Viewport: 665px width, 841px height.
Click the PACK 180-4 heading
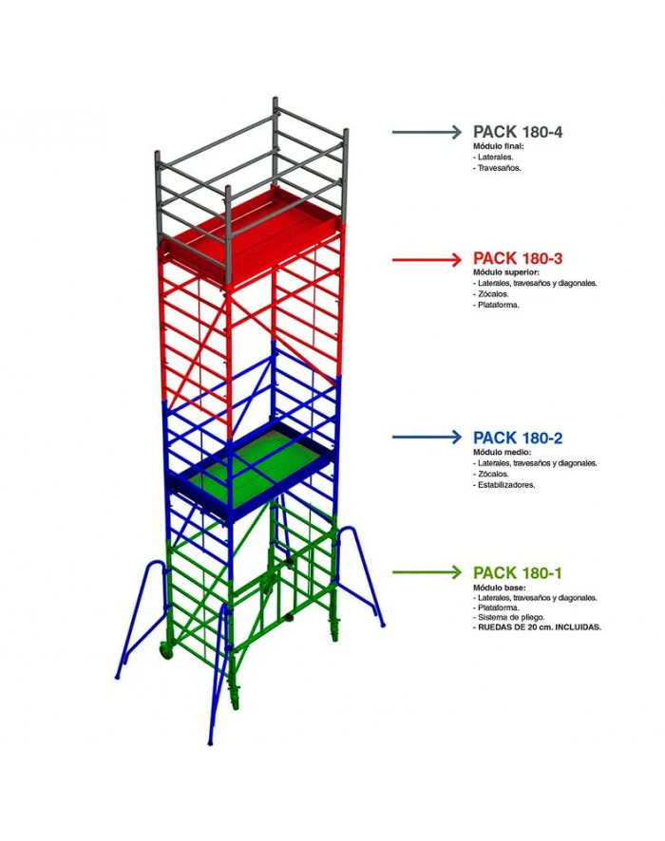coord(518,132)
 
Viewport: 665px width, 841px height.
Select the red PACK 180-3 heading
coord(518,258)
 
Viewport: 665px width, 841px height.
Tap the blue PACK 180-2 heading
coord(518,439)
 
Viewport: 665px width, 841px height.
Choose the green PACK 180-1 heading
coord(518,573)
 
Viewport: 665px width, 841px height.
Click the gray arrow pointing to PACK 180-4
coord(427,132)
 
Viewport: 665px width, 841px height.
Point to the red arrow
coord(427,259)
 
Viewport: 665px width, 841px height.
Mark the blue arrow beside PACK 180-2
coord(427,438)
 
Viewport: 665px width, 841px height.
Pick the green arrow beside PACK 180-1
coord(427,572)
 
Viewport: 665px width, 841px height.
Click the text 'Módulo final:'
coord(498,146)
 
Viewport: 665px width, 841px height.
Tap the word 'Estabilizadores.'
coord(506,485)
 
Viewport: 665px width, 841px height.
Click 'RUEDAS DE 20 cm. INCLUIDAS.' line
coord(540,627)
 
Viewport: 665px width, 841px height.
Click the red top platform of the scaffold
coord(253,231)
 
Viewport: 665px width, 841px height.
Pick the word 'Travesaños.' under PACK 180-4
coord(499,168)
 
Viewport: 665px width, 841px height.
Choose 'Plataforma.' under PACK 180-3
coord(499,305)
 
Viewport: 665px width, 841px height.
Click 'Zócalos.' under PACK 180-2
coord(493,475)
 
